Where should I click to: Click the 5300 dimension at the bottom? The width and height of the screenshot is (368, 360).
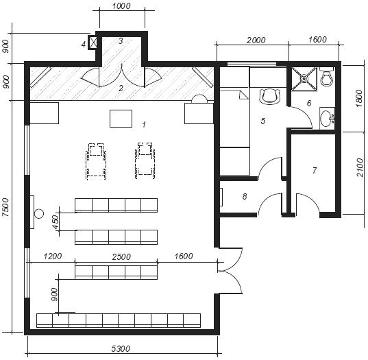coord(121,349)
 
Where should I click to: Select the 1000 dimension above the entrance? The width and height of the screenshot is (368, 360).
coord(121,6)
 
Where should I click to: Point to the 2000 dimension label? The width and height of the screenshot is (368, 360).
coord(256,40)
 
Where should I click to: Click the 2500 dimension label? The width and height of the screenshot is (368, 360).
coord(121,256)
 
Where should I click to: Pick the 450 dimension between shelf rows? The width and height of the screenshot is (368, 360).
coord(56,222)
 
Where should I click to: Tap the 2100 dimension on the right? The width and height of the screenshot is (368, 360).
coord(359,167)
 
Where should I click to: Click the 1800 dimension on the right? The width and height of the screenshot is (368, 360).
coord(359,98)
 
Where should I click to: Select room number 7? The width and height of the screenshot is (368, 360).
coord(315,170)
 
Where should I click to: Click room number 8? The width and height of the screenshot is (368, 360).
coord(245,196)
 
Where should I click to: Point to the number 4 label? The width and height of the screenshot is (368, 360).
coord(84,44)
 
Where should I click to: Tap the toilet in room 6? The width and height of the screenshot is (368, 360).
coord(326,76)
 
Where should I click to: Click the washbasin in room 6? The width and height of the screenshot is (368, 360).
coord(327,119)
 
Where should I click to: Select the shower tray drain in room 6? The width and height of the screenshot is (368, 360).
coord(304,78)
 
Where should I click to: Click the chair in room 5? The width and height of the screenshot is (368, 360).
coord(270,97)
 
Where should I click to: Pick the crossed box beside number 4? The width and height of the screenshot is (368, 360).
coord(93,43)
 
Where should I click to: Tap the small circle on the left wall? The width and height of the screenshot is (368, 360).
coord(39,214)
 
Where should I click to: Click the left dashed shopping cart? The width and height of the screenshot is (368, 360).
coord(96,161)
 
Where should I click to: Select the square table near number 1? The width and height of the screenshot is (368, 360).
coord(121,119)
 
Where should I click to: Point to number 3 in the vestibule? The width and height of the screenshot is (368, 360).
coord(121,41)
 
